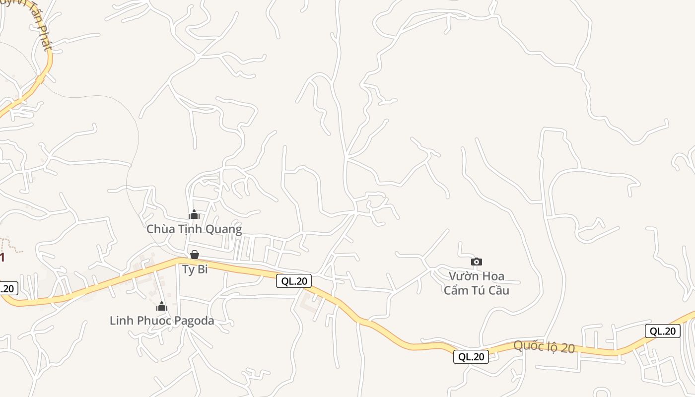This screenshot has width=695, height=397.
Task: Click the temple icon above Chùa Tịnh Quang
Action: coord(194,214)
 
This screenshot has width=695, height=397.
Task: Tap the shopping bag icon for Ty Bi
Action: coord(195,255)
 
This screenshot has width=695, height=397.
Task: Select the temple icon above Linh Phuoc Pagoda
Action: coord(161,306)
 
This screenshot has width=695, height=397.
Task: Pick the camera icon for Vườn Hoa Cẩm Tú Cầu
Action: coord(476,262)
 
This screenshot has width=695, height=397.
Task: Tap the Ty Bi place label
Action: coord(195,270)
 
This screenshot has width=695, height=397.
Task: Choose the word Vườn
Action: coord(462,276)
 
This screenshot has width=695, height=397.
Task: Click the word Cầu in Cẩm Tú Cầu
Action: coord(498,290)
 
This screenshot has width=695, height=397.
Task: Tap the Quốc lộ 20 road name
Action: coord(544,347)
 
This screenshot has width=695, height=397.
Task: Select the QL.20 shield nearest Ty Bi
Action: coord(294,281)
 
